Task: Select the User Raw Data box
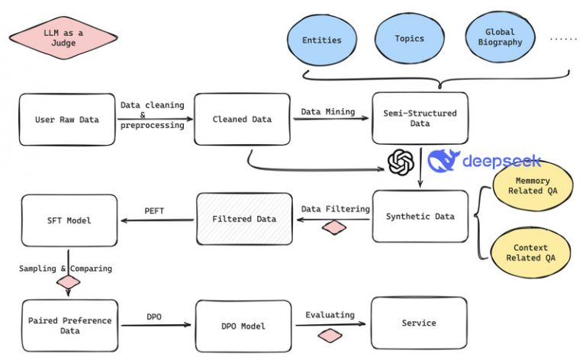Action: click(67, 119)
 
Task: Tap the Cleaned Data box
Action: click(242, 119)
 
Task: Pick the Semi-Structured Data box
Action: click(420, 118)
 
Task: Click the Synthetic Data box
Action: click(420, 217)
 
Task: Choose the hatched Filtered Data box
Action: click(245, 219)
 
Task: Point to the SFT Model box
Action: click(69, 220)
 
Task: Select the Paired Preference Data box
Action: click(69, 325)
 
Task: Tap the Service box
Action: click(418, 323)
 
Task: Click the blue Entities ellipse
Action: click(321, 40)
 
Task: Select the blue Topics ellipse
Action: click(409, 38)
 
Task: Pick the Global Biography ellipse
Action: click(499, 38)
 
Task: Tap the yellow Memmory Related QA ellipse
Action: click(531, 187)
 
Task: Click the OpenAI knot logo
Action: click(401, 162)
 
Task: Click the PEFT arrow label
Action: click(155, 211)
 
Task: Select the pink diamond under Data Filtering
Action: click(334, 227)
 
